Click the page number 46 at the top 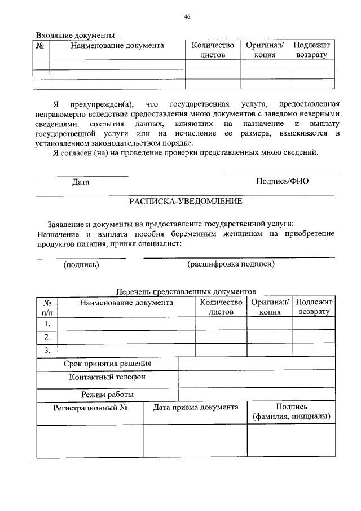coord(187,17)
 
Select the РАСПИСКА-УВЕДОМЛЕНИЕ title coord(186,201)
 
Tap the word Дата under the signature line coord(81,182)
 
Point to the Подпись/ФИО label coord(282,181)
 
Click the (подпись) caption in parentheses coord(81,264)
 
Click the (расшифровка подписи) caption coord(231,264)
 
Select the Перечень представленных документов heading coord(186,291)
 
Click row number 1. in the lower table coord(47,324)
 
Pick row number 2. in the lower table coord(47,337)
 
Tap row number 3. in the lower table coord(47,351)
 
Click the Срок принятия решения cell coord(107,364)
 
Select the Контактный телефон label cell coord(107,377)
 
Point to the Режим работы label coord(107,394)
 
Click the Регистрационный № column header coord(90,407)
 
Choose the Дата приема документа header coord(196,407)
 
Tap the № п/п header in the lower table coord(47,307)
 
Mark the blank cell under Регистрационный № coord(90,440)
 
